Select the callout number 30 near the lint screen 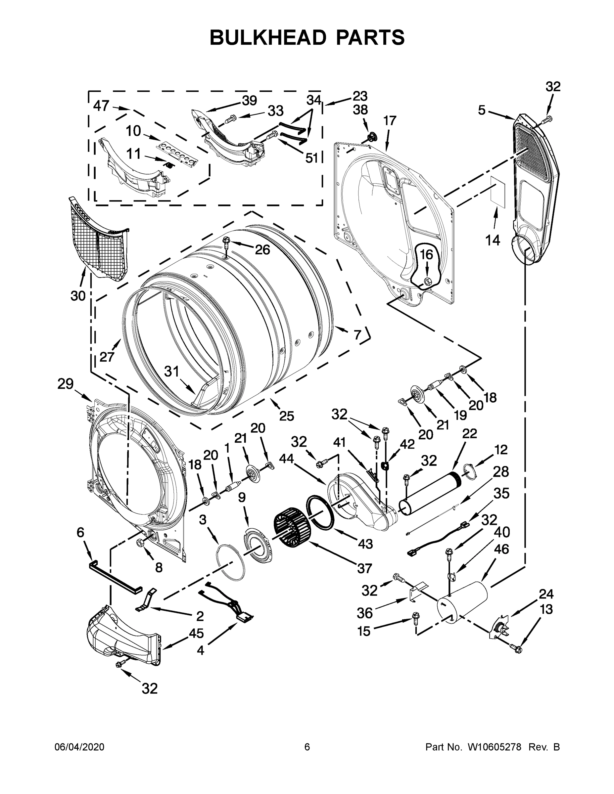[x=78, y=296]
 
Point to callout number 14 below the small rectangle [x=493, y=240]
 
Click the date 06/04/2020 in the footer [x=79, y=747]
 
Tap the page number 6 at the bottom [x=307, y=747]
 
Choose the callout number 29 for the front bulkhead [x=66, y=384]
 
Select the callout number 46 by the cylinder [x=501, y=549]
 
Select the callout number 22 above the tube [x=470, y=433]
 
